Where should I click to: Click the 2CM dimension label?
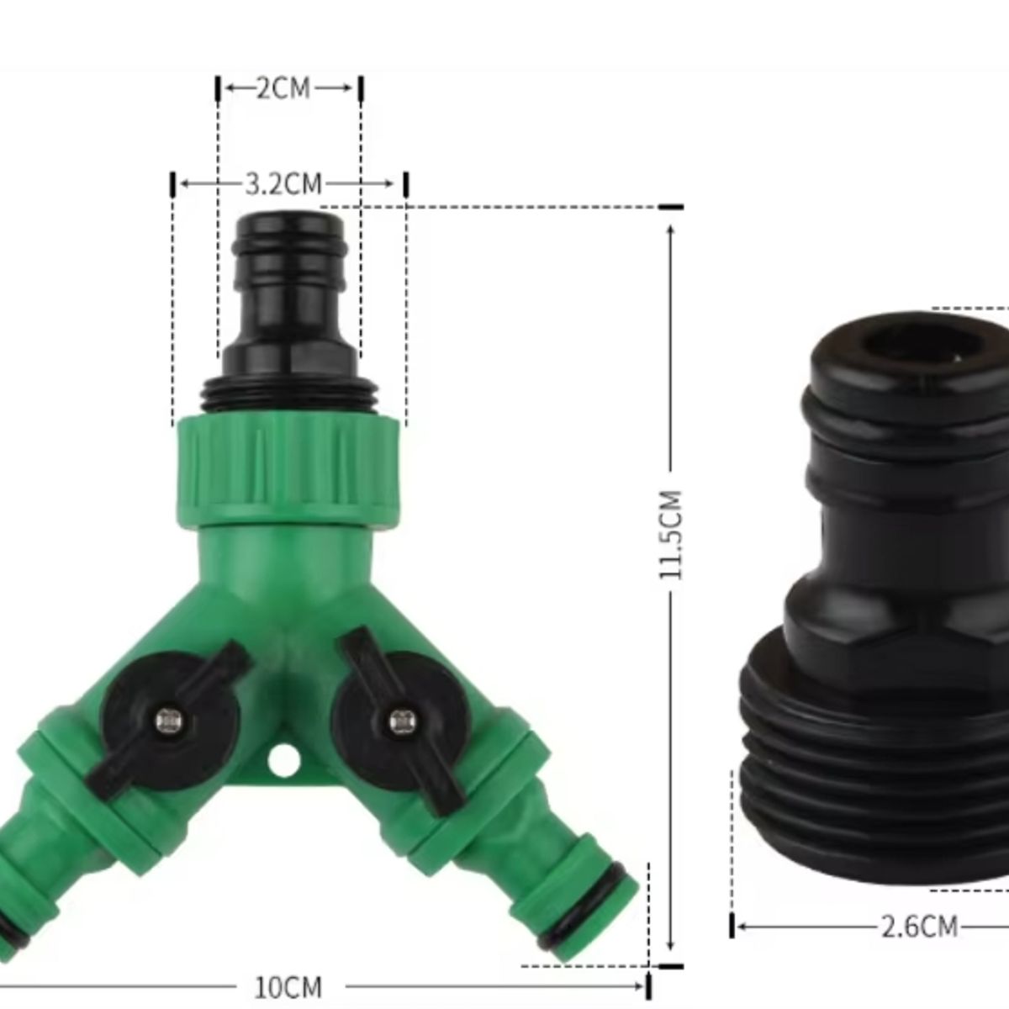tap(283, 88)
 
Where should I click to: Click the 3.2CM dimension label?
tap(283, 183)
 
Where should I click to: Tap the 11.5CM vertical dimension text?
tap(671, 534)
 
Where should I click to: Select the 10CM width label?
tap(288, 986)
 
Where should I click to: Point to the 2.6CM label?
tap(920, 927)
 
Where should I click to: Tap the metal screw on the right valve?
tap(398, 720)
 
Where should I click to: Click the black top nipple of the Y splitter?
tap(289, 286)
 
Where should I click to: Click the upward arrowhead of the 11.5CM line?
tap(671, 231)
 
